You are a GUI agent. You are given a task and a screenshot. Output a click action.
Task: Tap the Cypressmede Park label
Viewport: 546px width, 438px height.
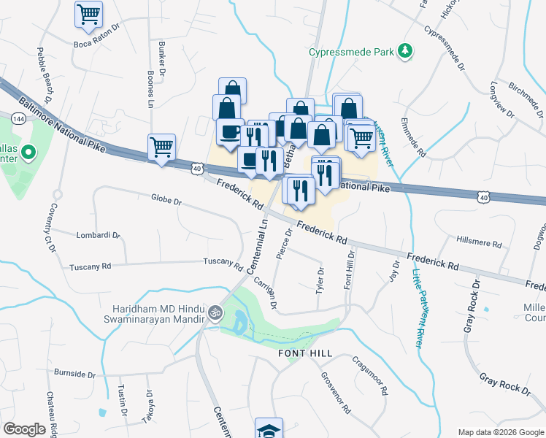[x=350, y=52]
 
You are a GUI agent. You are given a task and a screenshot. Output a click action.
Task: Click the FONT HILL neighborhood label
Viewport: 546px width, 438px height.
[x=305, y=353]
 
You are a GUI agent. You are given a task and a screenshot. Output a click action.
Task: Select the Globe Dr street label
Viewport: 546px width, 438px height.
[x=166, y=199]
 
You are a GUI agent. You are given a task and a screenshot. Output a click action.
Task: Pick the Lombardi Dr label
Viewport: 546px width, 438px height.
[x=98, y=235]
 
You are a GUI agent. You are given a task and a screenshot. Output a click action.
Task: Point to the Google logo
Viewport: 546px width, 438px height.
[x=24, y=429]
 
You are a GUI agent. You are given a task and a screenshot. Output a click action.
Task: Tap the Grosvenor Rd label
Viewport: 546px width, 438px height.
[x=336, y=393]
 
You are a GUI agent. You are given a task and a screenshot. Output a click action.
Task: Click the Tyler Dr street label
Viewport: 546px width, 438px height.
[x=319, y=280]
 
